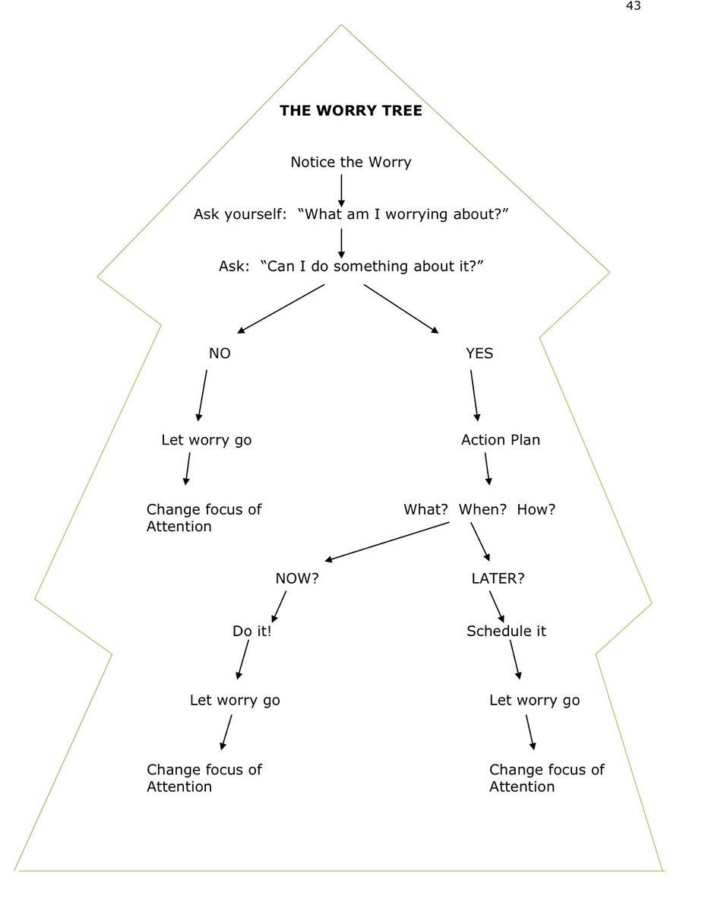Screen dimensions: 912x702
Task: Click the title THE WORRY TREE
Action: (351, 111)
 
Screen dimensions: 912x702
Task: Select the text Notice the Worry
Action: (351, 162)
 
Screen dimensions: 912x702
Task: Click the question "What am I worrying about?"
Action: (406, 214)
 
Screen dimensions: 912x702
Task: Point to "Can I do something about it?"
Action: (372, 266)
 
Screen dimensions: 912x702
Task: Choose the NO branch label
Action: (220, 353)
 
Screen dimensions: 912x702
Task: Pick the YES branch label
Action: (479, 353)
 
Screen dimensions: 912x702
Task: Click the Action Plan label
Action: (501, 440)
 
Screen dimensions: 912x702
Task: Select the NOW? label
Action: (297, 578)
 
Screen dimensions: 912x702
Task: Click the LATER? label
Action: (498, 578)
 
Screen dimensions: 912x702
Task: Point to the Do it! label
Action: (251, 631)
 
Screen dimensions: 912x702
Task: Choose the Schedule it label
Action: (506, 631)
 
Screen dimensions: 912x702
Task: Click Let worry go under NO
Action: (207, 440)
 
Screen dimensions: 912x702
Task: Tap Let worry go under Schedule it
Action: (534, 700)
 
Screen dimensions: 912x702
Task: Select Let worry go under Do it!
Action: (235, 700)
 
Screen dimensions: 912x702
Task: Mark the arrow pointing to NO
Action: (281, 309)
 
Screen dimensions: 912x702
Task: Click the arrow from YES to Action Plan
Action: (475, 395)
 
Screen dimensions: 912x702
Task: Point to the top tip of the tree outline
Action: (341, 25)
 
